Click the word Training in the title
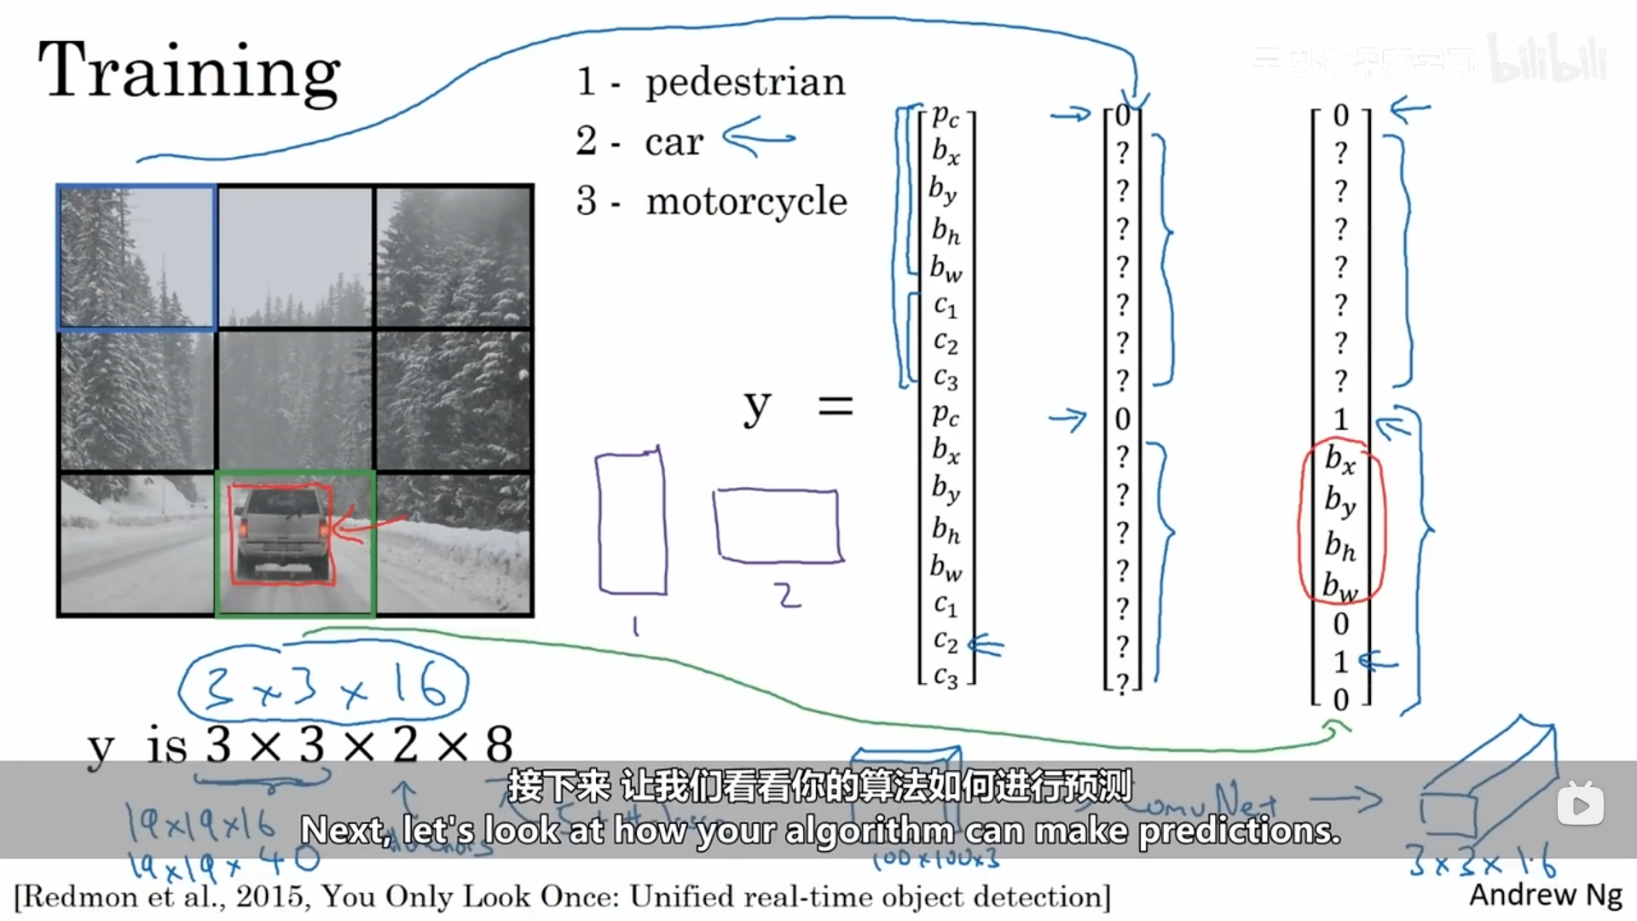[x=189, y=72]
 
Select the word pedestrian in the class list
[x=745, y=83]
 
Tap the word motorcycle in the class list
[x=746, y=201]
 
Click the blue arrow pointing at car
[x=758, y=138]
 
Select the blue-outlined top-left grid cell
[x=136, y=257]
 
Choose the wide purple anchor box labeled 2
[x=778, y=524]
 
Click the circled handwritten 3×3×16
[x=323, y=687]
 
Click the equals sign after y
[x=835, y=406]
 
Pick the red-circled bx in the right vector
[x=1340, y=460]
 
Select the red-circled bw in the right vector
[x=1340, y=585]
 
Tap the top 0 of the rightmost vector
[x=1341, y=115]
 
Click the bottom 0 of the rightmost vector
[x=1341, y=699]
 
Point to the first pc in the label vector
[x=946, y=114]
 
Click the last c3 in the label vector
[x=946, y=678]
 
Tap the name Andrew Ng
[x=1546, y=895]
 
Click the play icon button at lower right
[x=1580, y=804]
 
